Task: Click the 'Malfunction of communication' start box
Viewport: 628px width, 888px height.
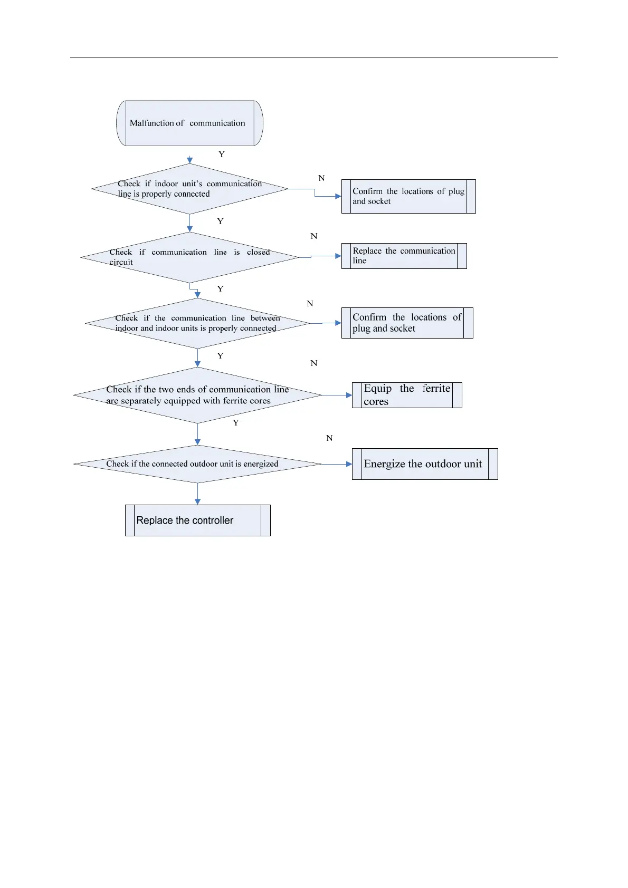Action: [x=189, y=123]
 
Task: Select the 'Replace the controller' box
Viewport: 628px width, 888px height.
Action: [x=197, y=520]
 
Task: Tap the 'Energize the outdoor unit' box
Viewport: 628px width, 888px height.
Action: [x=425, y=464]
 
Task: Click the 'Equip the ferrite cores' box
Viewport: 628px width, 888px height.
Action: [x=407, y=395]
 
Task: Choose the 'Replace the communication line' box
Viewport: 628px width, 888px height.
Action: [x=404, y=256]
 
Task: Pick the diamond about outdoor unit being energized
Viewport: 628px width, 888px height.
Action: [x=197, y=464]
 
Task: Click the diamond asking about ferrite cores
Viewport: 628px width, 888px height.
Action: [x=197, y=395]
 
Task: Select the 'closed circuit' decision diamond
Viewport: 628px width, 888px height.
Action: [x=189, y=257]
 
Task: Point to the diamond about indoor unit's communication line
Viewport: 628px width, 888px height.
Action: [x=189, y=189]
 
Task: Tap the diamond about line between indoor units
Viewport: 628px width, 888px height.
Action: [x=197, y=323]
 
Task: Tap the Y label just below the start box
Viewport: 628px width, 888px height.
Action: [x=222, y=155]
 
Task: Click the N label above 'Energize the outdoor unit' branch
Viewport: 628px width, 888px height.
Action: [x=329, y=438]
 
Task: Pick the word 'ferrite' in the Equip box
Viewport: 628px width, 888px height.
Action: [x=436, y=389]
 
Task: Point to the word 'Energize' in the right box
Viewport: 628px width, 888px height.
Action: [x=384, y=464]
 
